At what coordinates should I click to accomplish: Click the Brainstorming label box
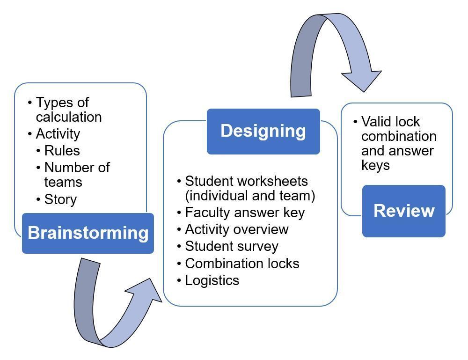click(88, 233)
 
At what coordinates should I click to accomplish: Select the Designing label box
click(263, 131)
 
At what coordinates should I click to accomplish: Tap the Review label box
click(404, 211)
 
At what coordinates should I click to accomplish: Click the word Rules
click(62, 151)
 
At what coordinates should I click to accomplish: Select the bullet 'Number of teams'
click(77, 175)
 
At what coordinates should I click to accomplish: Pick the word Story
click(60, 199)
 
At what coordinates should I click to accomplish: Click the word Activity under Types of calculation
click(58, 134)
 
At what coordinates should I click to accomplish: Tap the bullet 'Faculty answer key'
click(245, 213)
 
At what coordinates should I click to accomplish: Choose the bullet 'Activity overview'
click(237, 229)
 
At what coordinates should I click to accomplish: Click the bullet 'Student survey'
click(232, 246)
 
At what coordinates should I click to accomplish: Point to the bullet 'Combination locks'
click(242, 264)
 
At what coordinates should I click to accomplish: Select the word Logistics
click(212, 280)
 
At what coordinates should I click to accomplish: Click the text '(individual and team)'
click(250, 196)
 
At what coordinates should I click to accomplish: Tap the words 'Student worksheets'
click(246, 181)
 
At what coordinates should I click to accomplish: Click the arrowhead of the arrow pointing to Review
click(363, 80)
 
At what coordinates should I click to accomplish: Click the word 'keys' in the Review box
click(375, 165)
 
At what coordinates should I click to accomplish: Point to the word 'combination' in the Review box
click(399, 137)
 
